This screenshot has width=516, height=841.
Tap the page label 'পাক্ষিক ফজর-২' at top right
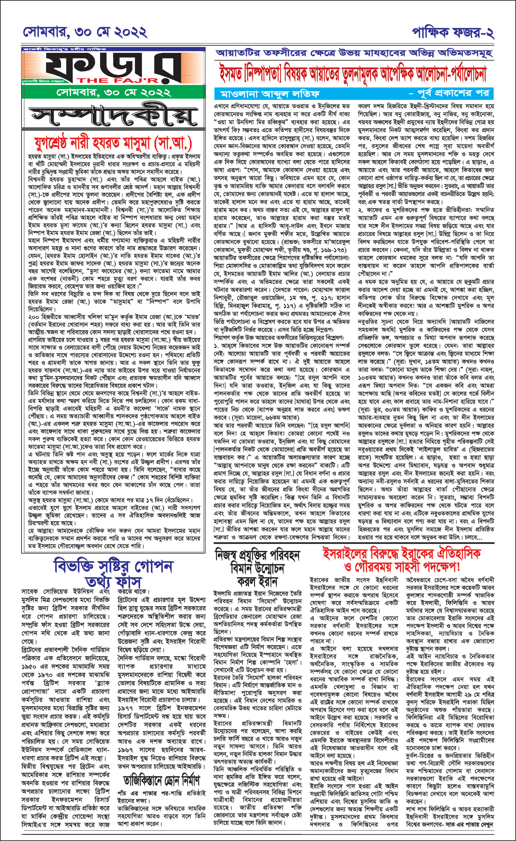click(453, 32)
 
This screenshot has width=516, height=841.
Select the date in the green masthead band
click(113, 92)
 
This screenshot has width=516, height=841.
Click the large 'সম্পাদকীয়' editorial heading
click(113, 116)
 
